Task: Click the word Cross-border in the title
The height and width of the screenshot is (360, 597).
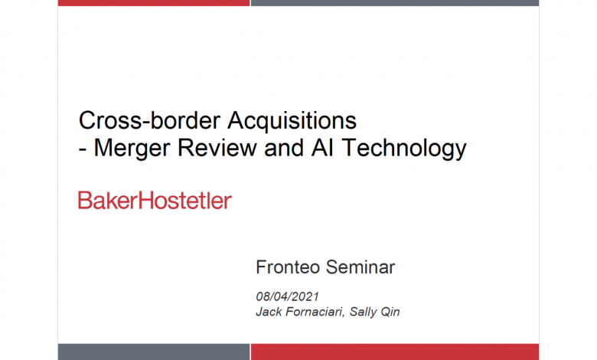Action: [149, 120]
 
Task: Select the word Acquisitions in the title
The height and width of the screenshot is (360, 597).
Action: [292, 121]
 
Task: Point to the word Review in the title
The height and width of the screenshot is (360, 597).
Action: [217, 148]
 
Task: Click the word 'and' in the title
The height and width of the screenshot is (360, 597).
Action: [284, 148]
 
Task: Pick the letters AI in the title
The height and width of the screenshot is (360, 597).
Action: [322, 148]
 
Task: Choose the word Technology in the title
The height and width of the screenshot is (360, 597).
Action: [404, 149]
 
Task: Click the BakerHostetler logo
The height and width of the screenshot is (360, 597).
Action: [155, 201]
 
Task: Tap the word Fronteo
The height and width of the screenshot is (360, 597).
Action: [288, 267]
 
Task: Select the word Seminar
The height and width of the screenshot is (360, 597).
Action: [360, 267]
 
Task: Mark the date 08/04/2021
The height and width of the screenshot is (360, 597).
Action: [288, 296]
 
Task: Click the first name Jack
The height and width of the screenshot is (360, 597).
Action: [269, 312]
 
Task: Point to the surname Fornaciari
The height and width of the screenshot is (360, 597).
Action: [315, 312]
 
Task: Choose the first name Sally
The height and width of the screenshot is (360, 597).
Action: [363, 312]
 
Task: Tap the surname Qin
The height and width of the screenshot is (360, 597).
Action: [390, 312]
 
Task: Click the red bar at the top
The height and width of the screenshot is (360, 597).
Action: [154, 2]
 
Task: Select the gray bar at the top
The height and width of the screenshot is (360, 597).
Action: [395, 2]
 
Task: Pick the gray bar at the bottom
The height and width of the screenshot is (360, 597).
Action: [154, 352]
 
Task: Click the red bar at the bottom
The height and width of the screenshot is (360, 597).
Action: [395, 352]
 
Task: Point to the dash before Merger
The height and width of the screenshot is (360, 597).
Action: [82, 150]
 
